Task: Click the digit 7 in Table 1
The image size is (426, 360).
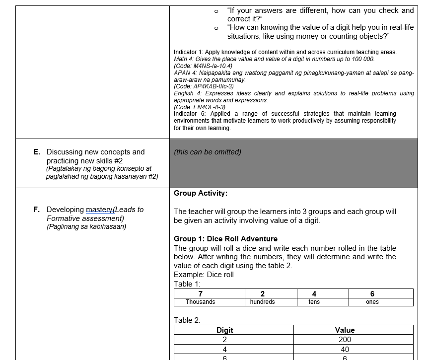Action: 200,294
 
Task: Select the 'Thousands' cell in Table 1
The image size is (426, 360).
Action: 200,302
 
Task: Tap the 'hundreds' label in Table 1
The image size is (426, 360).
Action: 262,302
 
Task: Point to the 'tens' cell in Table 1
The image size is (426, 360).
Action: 314,302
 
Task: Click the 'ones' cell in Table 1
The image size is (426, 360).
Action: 372,302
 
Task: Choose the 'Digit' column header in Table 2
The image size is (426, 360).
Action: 225,330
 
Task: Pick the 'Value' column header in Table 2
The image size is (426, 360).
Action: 345,330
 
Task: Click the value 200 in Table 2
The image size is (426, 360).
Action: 345,340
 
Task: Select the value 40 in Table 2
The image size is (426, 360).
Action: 345,350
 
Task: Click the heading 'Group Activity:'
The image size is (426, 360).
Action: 201,193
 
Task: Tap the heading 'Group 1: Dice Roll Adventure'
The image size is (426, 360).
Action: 225,239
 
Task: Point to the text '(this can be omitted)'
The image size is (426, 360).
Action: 208,152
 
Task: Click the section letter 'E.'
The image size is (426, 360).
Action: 37,152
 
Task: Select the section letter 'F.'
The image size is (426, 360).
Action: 37,210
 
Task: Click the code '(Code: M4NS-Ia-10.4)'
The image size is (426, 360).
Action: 203,66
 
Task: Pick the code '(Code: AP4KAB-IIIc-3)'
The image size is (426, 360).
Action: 204,86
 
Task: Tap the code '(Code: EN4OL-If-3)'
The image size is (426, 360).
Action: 200,107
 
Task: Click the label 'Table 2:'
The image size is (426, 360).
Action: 187,320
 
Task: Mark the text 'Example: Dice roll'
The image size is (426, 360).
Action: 204,275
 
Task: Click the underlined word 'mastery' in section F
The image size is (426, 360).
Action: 99,210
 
